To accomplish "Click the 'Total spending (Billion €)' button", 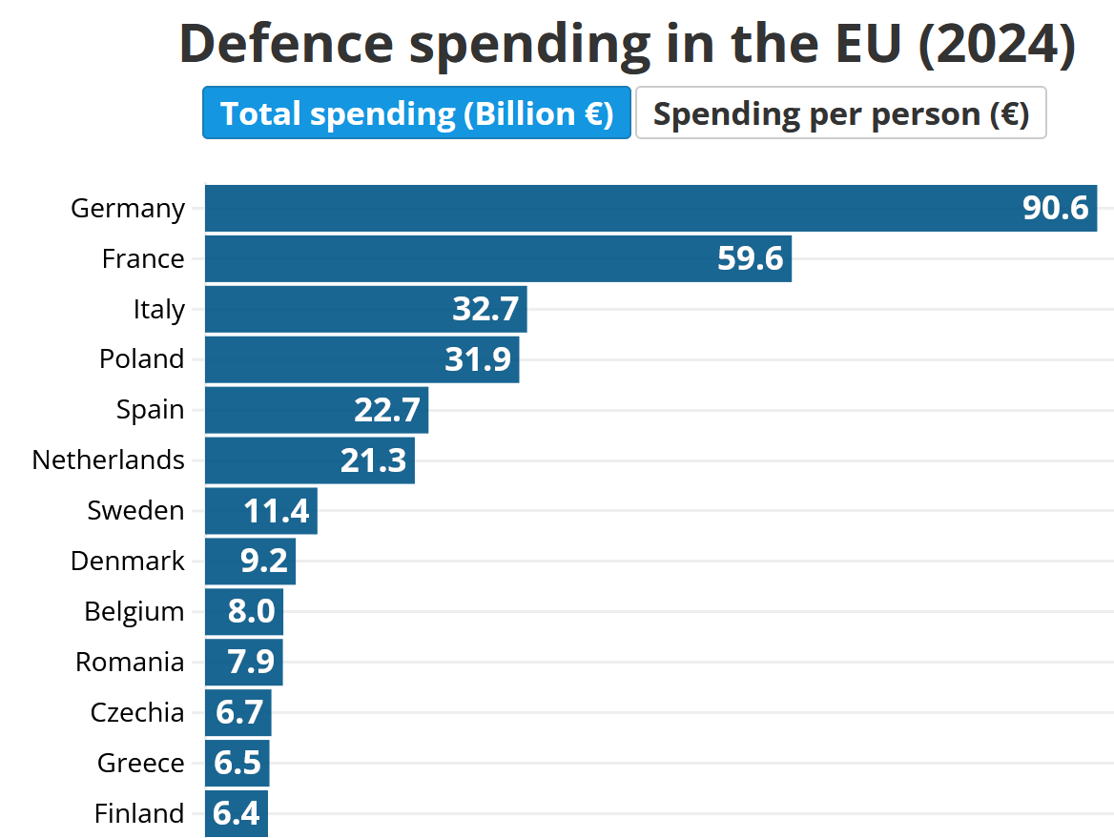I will [417, 113].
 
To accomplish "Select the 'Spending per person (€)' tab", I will [840, 113].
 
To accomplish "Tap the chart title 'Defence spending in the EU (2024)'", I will [628, 44].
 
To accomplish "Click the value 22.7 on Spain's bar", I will [387, 410].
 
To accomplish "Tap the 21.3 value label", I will [374, 460].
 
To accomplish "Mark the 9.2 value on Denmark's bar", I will [264, 561].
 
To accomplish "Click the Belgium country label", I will [134, 611].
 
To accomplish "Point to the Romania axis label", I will [130, 662].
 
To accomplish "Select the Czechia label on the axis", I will [137, 712].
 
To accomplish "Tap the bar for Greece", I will [237, 763].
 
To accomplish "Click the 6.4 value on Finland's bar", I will [237, 813].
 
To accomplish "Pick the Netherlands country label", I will [109, 460].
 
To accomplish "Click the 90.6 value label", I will [1055, 208].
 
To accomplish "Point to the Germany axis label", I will [128, 208].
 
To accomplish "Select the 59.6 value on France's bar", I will [750, 258].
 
